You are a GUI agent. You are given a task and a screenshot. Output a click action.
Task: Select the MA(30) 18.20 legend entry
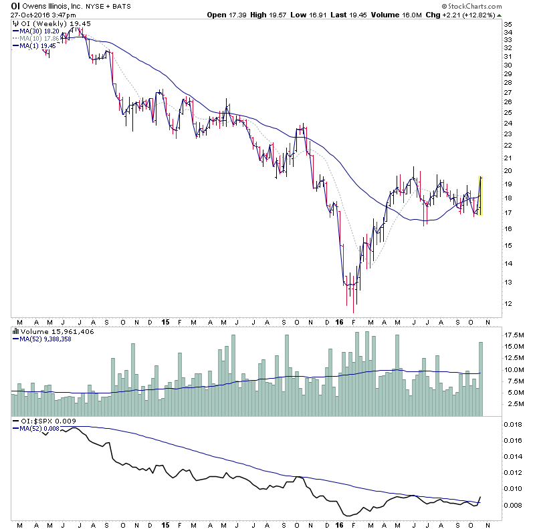pyautogui.click(x=39, y=31)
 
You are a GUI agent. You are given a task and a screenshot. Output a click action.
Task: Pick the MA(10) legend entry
pyautogui.click(x=39, y=38)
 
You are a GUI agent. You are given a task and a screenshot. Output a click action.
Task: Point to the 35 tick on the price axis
pyautogui.click(x=508, y=24)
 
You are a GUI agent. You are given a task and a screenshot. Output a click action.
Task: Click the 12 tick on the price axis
pyautogui.click(x=508, y=304)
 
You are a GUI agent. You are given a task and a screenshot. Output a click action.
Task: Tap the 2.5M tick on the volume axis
pyautogui.click(x=512, y=404)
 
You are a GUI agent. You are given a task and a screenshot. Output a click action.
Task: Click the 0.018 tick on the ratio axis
pyautogui.click(x=512, y=424)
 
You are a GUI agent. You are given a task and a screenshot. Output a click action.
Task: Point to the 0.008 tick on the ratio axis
pyautogui.click(x=512, y=505)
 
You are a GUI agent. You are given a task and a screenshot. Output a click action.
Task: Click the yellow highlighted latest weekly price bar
pyautogui.click(x=480, y=195)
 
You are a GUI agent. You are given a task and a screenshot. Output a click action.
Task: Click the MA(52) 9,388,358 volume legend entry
pyautogui.click(x=47, y=338)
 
